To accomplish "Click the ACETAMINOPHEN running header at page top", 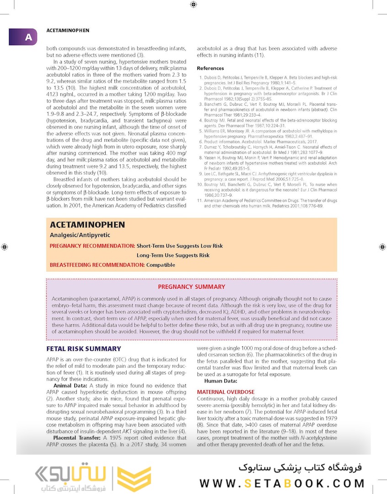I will tap(68, 31).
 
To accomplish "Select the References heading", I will tap(210, 68).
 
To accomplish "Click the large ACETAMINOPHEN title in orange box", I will tap(87, 225).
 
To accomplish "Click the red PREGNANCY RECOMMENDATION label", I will tap(92, 246).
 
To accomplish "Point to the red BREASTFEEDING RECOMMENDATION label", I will tap(97, 265).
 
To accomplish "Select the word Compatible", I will tap(161, 265).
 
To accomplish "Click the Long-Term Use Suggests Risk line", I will tap(173, 255).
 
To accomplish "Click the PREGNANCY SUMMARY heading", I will tap(191, 287).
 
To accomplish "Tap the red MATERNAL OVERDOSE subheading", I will tap(226, 392).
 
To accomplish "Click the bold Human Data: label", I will tap(220, 381).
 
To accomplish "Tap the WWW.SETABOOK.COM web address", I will tap(282, 483).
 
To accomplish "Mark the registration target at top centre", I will tap(193, 5).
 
